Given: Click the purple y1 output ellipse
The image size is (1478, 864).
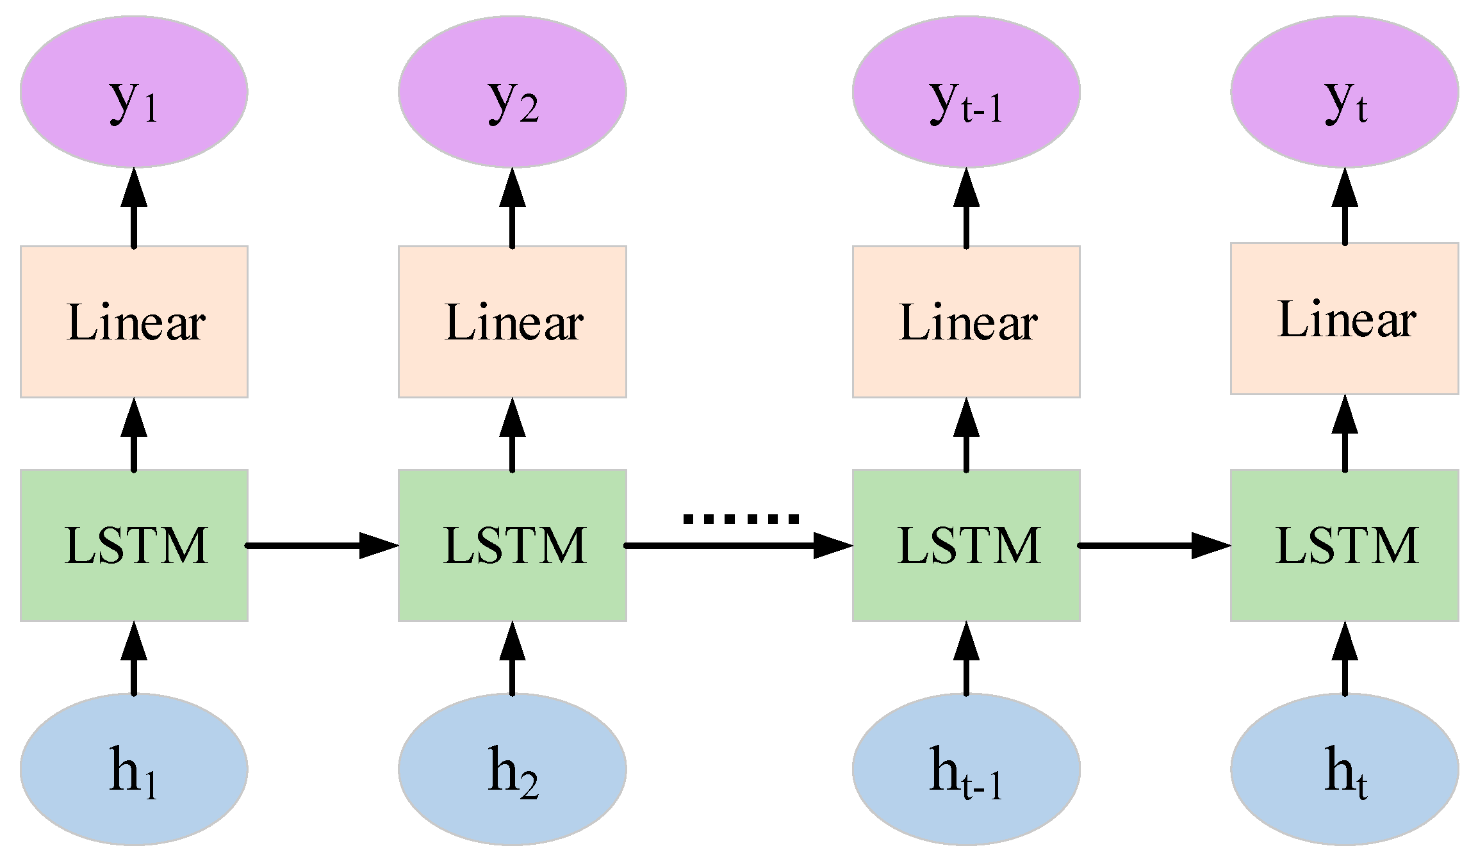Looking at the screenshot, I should tap(134, 92).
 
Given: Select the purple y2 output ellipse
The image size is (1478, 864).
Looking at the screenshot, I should tap(512, 92).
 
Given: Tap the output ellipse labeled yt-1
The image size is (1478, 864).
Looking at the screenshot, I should tap(966, 92).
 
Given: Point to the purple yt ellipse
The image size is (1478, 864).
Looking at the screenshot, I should tap(1344, 92).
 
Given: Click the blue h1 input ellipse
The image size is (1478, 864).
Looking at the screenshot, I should tap(134, 769).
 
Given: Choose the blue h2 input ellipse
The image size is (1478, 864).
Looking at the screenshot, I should tap(512, 769).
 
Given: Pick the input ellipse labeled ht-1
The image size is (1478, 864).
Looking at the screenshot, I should tap(966, 769).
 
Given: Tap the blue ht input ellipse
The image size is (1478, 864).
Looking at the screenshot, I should tap(1344, 769).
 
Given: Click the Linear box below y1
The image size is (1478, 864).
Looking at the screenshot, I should tap(134, 322).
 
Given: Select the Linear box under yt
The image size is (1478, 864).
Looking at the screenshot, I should tap(1344, 318).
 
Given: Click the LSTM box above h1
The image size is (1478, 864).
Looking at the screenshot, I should tap(134, 545).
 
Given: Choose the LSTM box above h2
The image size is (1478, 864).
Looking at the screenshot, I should tap(512, 545).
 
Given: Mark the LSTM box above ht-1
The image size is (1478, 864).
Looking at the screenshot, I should tap(966, 545).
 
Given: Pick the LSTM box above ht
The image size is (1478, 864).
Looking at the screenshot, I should tap(1344, 545).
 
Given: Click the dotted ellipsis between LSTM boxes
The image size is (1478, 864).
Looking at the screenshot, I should tap(741, 519).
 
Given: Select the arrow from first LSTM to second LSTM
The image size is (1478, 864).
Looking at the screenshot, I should tap(320, 546).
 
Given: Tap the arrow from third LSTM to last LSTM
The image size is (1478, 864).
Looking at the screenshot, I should tap(1153, 546).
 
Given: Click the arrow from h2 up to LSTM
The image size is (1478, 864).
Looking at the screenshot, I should tap(512, 660).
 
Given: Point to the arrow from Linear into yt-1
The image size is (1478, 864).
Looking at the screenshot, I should tap(966, 208).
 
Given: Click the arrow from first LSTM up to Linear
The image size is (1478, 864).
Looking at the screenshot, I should tap(134, 436).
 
